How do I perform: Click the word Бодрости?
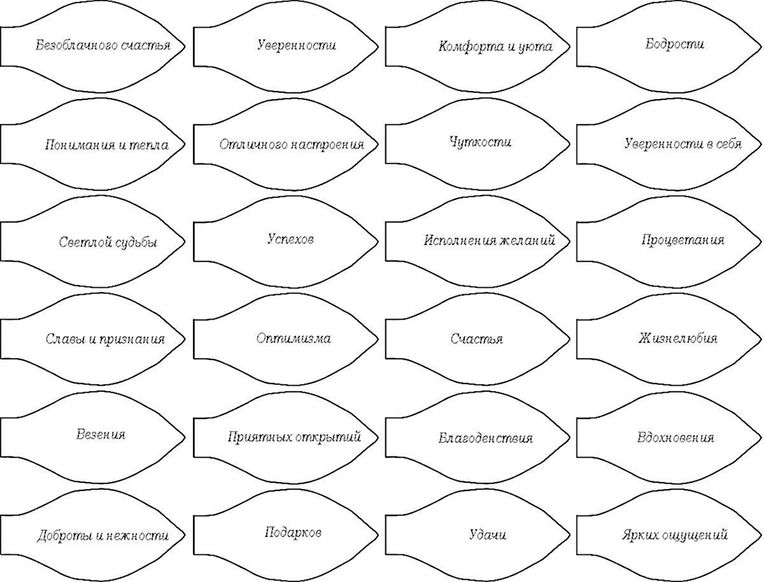point(675,44)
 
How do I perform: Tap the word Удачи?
point(488,534)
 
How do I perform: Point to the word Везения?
point(101,434)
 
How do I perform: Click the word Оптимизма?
point(293,339)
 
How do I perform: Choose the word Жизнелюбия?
point(678,339)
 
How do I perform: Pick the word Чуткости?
point(481,142)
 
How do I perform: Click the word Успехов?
point(291,239)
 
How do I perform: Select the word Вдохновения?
point(675,437)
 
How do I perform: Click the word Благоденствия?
point(485,438)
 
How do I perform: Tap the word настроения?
point(327,144)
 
